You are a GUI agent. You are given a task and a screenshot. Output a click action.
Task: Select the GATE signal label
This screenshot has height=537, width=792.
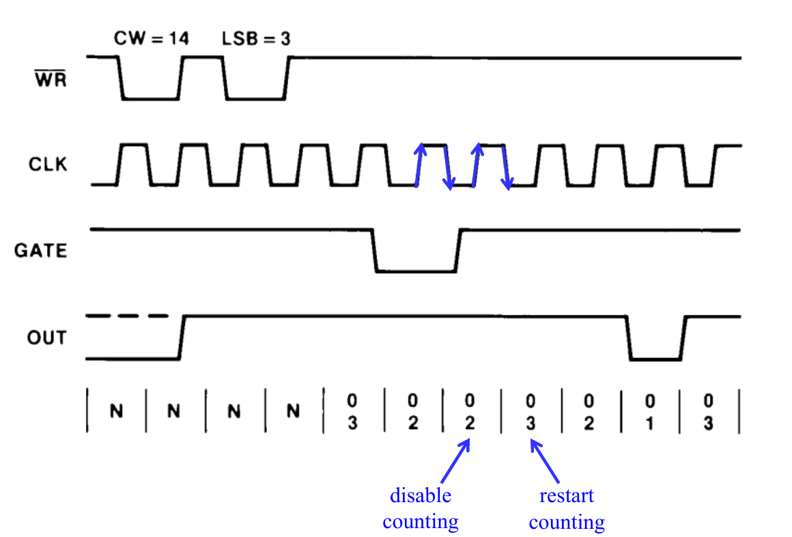pos(41,251)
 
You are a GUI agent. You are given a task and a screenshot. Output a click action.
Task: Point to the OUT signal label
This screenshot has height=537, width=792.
pos(46,338)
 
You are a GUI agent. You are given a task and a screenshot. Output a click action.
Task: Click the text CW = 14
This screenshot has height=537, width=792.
pos(151,38)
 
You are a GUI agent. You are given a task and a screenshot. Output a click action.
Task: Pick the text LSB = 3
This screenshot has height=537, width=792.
pos(256,38)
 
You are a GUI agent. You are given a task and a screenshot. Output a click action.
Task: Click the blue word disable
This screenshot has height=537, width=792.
pos(420,495)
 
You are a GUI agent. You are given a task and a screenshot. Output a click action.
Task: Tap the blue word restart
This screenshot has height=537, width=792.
pos(566,495)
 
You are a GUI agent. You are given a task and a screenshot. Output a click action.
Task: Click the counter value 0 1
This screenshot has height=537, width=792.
pos(649,411)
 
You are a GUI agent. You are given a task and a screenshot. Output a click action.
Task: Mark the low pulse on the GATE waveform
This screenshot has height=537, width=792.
pos(416,271)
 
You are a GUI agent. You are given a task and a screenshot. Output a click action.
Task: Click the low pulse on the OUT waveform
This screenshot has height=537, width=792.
pos(655,358)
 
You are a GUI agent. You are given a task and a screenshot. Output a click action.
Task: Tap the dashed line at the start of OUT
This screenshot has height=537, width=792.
pos(128,316)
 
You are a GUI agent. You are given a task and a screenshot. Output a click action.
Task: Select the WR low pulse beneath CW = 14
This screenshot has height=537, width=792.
pos(151,98)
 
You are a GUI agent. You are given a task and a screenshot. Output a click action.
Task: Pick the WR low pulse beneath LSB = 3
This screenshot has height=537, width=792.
pos(256,98)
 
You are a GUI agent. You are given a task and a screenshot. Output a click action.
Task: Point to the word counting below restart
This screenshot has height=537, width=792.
pos(567,523)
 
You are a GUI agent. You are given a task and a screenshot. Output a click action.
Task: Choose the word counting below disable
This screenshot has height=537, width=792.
pos(420,522)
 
